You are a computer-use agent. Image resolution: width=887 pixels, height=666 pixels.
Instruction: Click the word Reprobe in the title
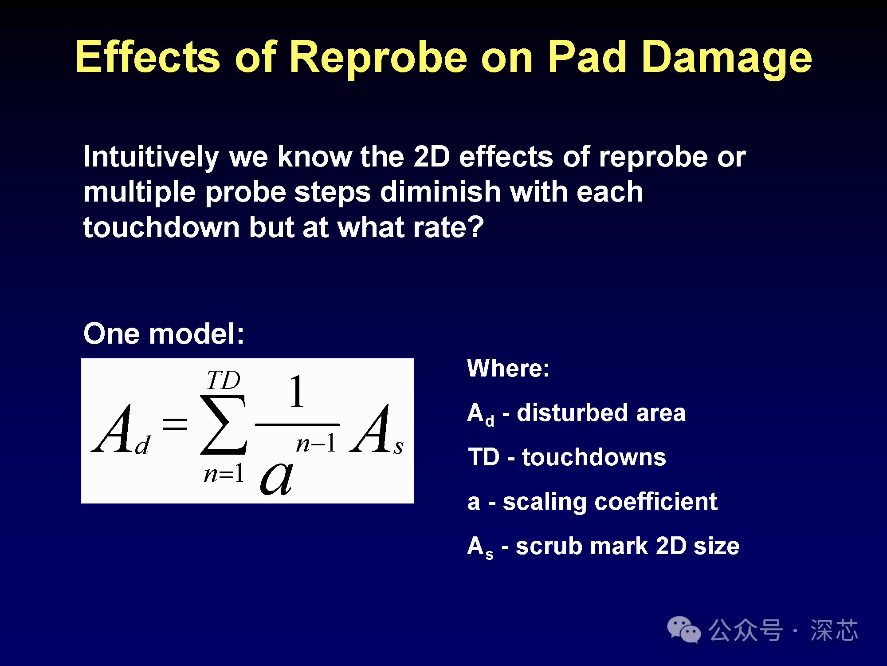pyautogui.click(x=378, y=58)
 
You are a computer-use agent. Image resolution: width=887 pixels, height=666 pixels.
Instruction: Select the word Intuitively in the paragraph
pyautogui.click(x=151, y=157)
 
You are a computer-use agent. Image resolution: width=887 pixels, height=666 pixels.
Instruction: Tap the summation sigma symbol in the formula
pyautogui.click(x=223, y=425)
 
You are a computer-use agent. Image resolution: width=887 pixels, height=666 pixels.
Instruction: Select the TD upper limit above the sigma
pyautogui.click(x=223, y=380)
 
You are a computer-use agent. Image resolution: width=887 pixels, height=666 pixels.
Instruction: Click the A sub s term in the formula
pyautogui.click(x=377, y=430)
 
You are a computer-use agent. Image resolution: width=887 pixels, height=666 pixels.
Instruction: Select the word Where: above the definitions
pyautogui.click(x=508, y=368)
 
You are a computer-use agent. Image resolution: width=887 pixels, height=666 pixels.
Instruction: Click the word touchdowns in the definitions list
pyautogui.click(x=594, y=457)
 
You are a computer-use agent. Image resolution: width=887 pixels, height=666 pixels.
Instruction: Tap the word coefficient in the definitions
pyautogui.click(x=655, y=501)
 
